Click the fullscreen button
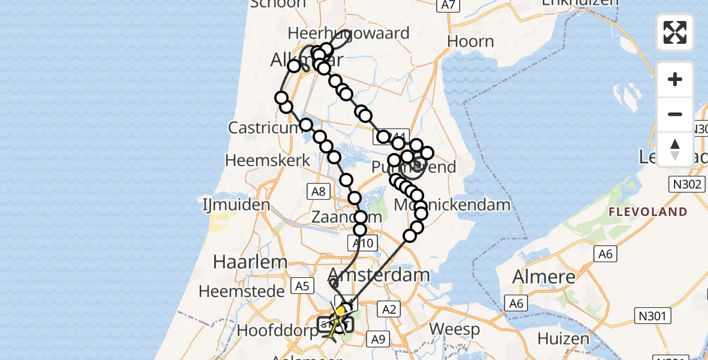[675, 32]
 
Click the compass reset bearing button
[675, 149]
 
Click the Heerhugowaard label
[349, 32]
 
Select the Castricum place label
[263, 128]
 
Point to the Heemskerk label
[268, 160]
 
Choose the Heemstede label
[241, 292]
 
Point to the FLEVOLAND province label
[648, 212]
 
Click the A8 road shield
[318, 191]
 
